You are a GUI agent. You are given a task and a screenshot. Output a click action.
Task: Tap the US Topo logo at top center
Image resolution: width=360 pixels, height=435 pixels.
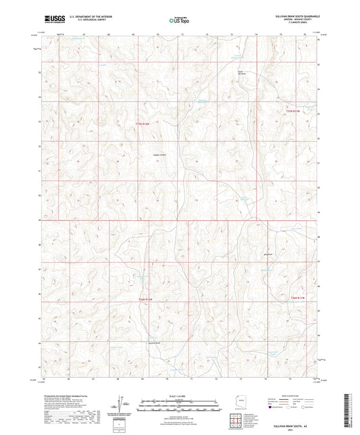pos(179,20)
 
